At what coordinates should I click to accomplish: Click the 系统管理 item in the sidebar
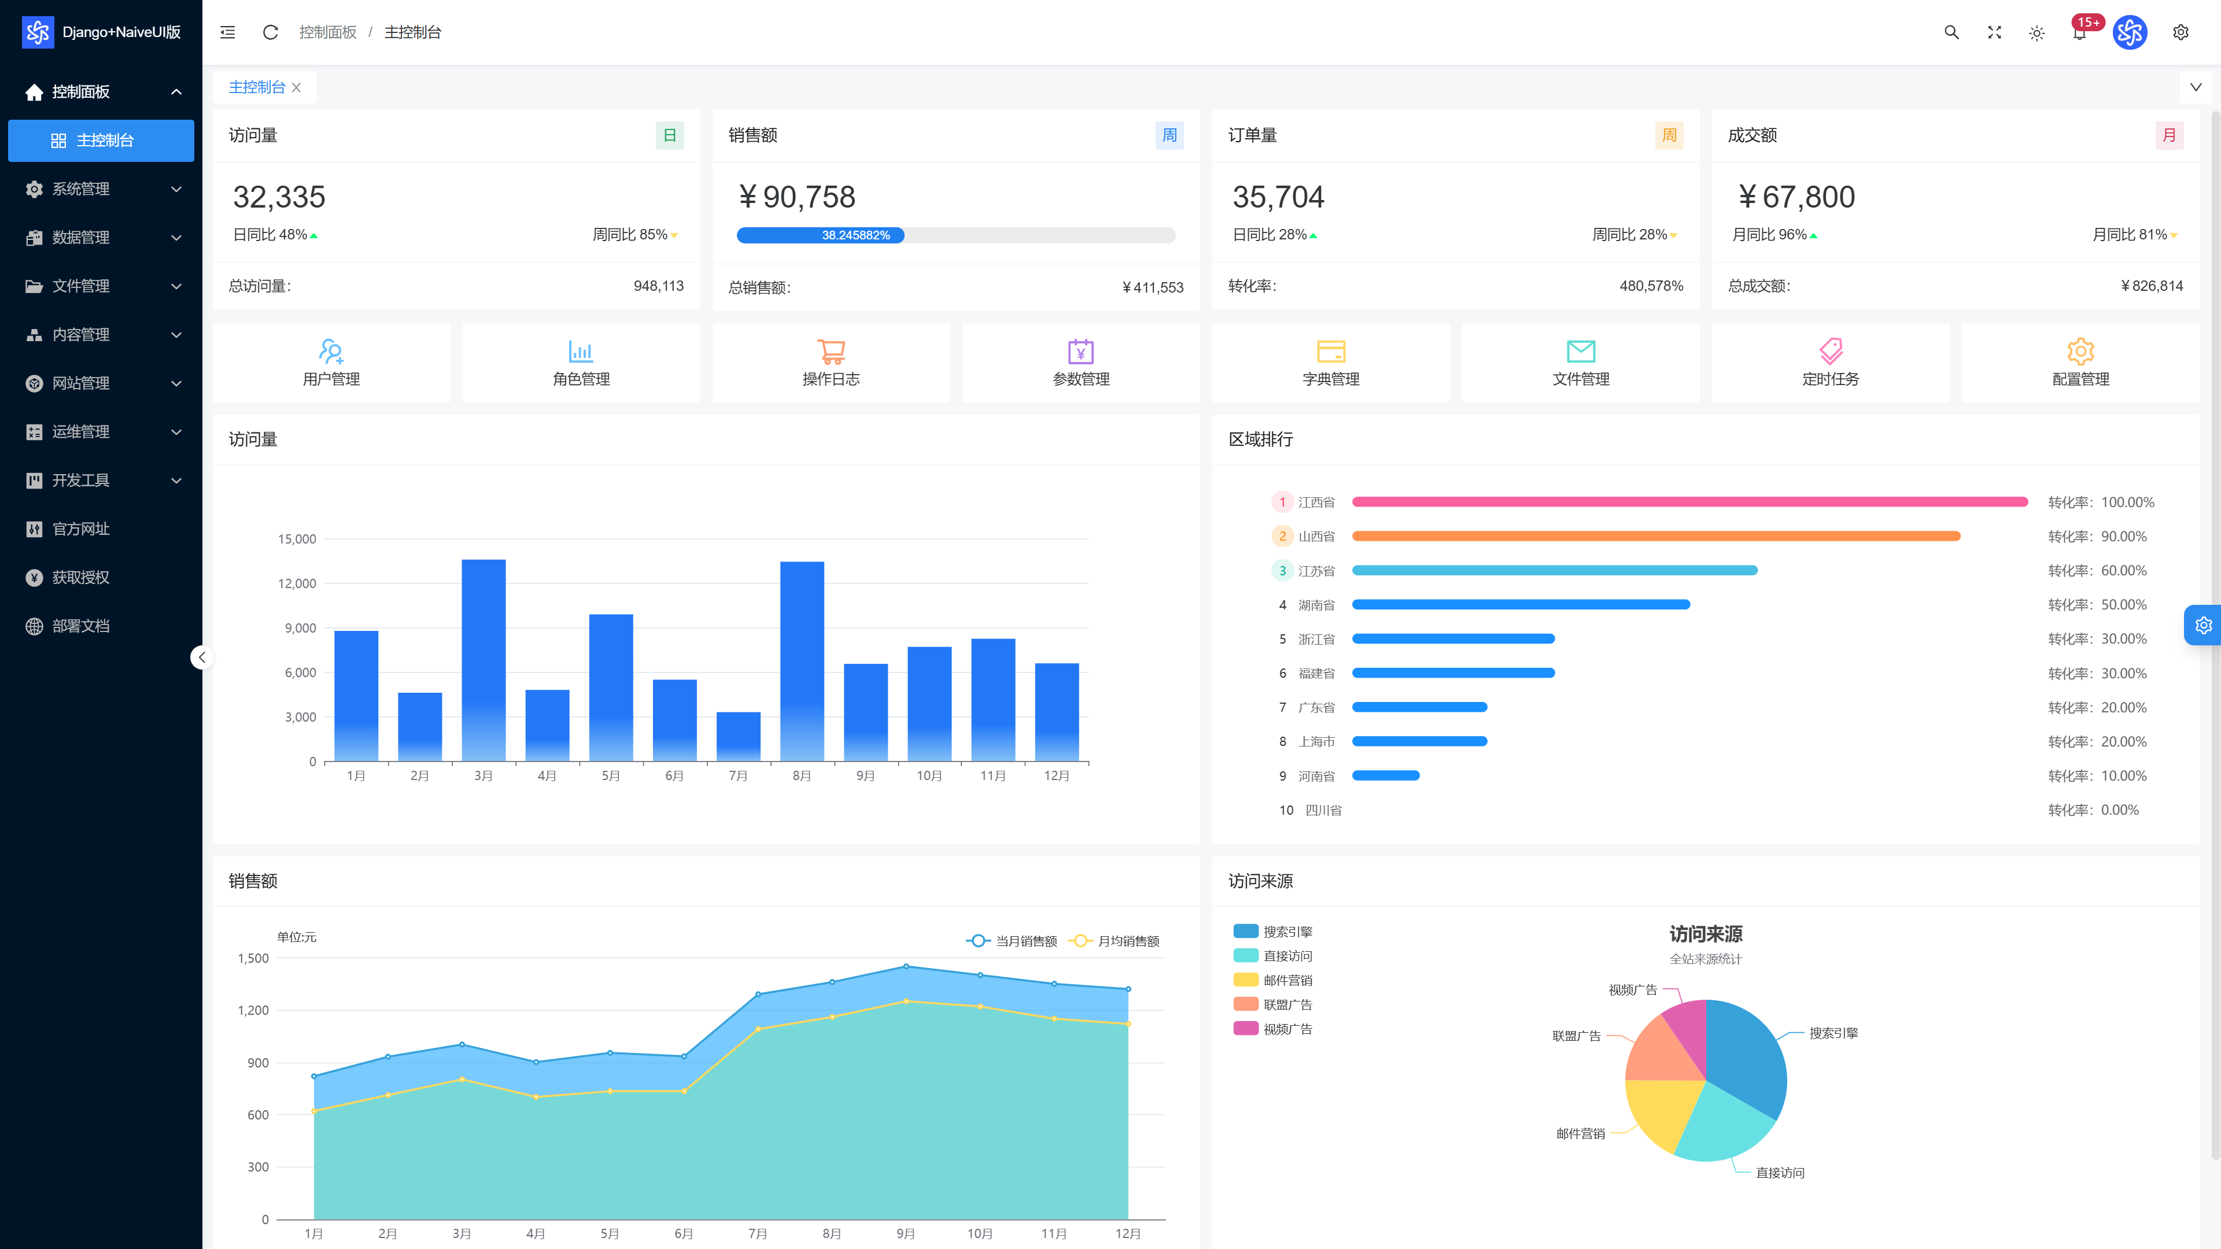[80, 189]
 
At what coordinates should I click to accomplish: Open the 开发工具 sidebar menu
[80, 480]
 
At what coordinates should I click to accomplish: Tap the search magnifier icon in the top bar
[1951, 33]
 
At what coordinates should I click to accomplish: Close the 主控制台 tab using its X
[297, 88]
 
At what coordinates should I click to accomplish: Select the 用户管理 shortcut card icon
[331, 351]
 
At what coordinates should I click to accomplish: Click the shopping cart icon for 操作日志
[831, 351]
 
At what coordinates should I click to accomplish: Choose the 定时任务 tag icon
[1831, 351]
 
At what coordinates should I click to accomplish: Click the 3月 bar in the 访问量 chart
[484, 660]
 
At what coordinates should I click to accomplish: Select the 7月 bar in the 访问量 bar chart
[738, 737]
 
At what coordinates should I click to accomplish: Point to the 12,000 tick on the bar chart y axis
[297, 583]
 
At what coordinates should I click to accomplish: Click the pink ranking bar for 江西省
[1690, 502]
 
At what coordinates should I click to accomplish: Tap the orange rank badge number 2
[1282, 536]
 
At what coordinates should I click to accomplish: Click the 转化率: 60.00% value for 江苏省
[2097, 571]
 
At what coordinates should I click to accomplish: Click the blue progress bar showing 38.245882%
[820, 235]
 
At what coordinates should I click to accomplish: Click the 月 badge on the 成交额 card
[2170, 135]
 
